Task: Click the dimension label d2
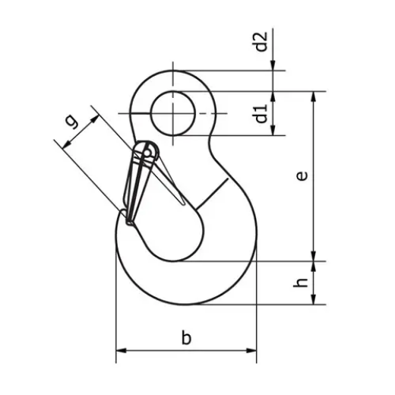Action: tap(261, 42)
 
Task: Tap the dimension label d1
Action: tap(261, 114)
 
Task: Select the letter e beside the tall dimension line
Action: tap(302, 176)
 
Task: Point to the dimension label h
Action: tap(302, 282)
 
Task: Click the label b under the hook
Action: tap(186, 339)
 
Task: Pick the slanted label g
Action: tap(70, 122)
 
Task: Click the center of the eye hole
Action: tap(172, 114)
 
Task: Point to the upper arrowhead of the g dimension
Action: tap(96, 113)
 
